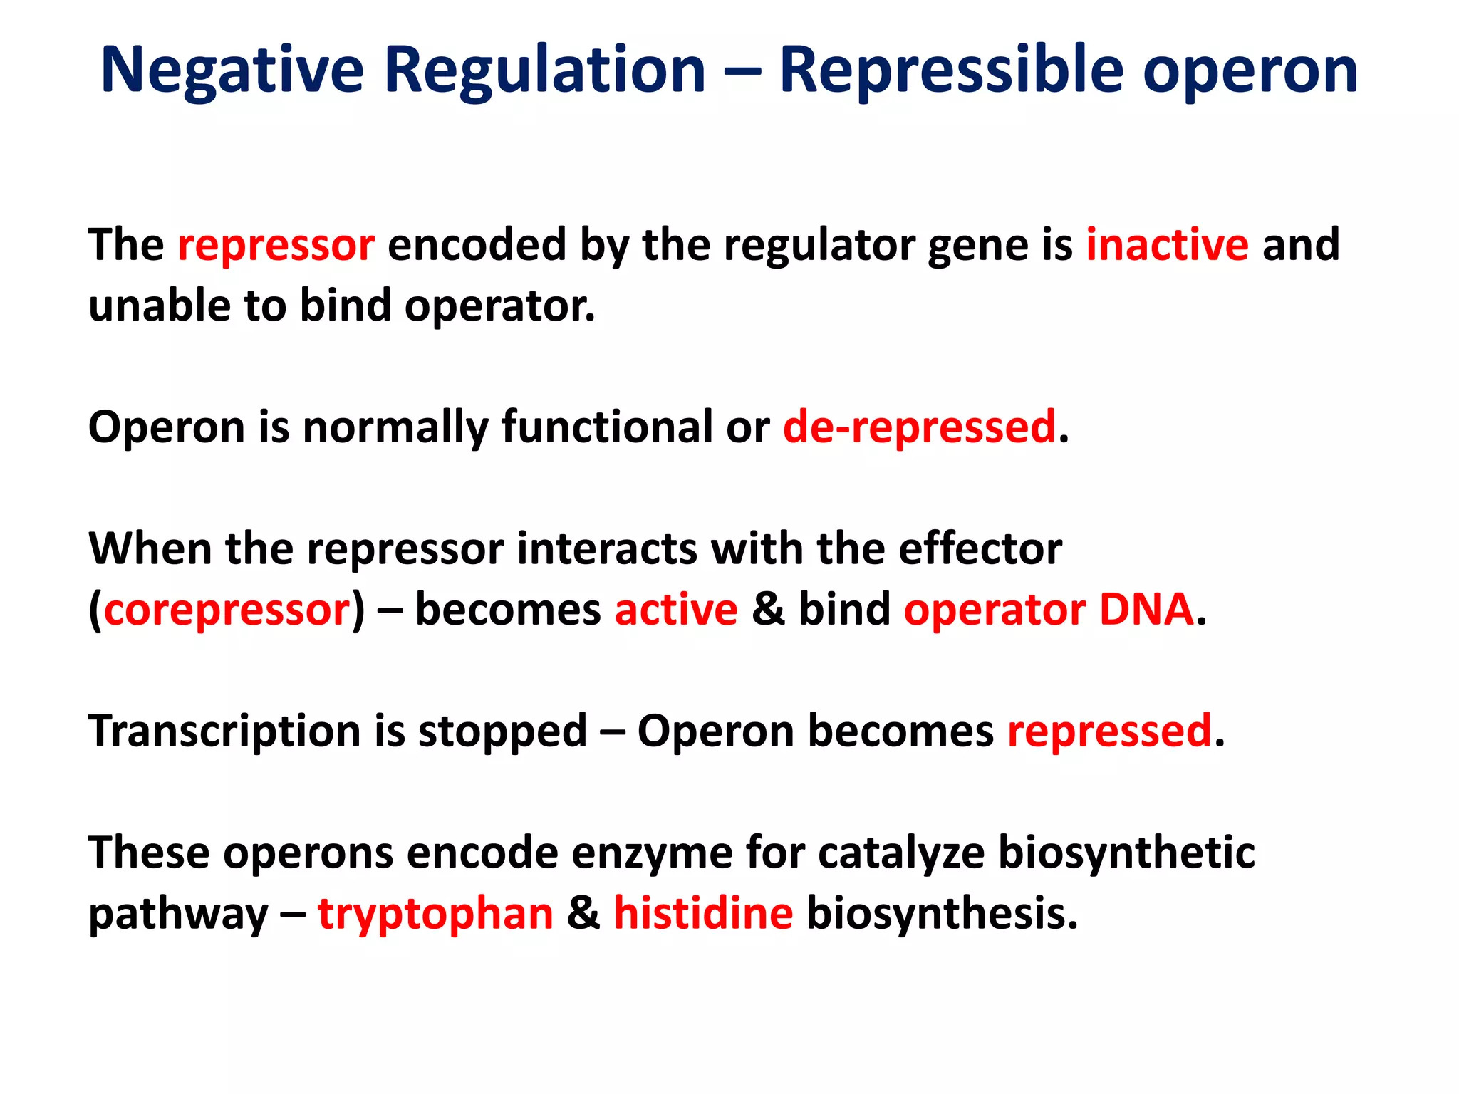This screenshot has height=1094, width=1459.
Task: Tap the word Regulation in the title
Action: coord(545,70)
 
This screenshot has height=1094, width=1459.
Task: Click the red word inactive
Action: coord(1167,244)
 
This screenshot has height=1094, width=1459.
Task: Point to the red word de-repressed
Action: coord(919,427)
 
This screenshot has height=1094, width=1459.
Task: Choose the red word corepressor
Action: coord(227,610)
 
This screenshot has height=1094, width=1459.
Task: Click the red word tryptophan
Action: coord(435,914)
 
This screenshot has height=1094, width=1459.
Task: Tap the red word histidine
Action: coord(703,914)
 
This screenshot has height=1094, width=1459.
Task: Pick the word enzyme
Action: coord(652,853)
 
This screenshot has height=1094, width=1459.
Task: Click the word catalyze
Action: coord(901,853)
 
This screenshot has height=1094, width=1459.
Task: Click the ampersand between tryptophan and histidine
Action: coord(583,914)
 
